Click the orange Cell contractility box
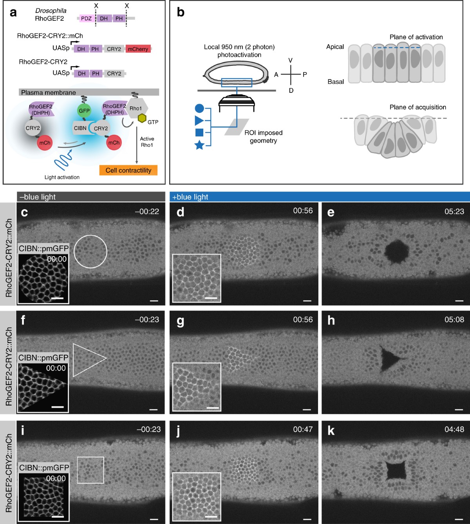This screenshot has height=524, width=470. [x=128, y=170]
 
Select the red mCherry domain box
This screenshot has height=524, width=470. [x=138, y=49]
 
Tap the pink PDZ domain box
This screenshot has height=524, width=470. [x=86, y=18]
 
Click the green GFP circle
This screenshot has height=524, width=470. [x=84, y=111]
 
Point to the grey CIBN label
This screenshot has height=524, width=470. [x=80, y=128]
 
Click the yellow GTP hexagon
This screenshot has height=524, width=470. [x=142, y=118]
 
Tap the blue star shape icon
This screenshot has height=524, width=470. [x=199, y=145]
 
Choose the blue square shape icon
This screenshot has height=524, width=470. [x=199, y=132]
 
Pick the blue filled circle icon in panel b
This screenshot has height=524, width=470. [x=199, y=108]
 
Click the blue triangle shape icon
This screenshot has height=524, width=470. [x=199, y=120]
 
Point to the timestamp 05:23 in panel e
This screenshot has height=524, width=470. [x=454, y=211]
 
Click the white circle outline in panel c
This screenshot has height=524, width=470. [x=90, y=251]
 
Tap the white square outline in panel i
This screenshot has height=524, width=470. [x=90, y=470]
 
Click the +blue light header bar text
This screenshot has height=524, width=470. [x=190, y=197]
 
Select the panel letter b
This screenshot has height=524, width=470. [x=181, y=12]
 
